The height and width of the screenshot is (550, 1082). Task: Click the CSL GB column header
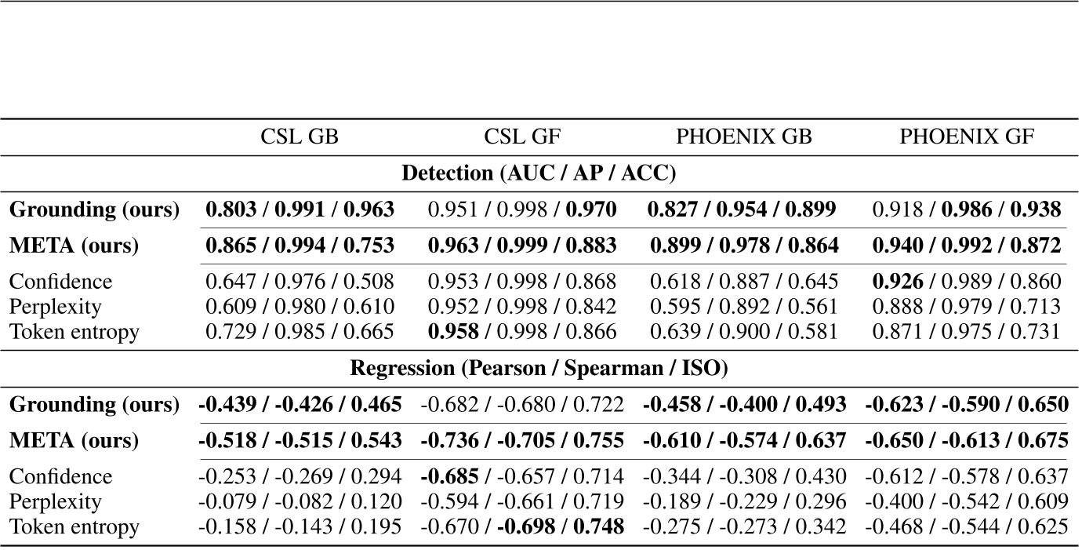click(x=300, y=137)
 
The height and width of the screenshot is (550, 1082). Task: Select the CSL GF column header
click(x=522, y=137)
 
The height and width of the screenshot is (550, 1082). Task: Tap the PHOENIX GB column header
click(x=744, y=137)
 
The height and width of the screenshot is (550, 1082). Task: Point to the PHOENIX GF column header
click(x=967, y=137)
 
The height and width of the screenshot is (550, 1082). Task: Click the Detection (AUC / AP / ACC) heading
click(x=539, y=173)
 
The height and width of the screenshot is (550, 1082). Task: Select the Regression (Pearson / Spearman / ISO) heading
click(x=539, y=368)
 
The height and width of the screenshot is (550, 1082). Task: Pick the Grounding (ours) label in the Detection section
click(x=94, y=209)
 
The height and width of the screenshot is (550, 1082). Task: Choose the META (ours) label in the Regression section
click(x=74, y=441)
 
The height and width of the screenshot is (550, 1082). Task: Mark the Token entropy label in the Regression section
click(x=74, y=527)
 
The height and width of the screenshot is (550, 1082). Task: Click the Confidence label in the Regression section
click(x=60, y=477)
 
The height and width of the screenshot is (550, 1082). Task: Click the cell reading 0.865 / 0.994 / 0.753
click(x=300, y=246)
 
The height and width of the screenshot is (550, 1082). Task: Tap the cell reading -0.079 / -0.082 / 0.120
click(x=300, y=502)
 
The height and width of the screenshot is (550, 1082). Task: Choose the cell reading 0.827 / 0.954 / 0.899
click(x=744, y=209)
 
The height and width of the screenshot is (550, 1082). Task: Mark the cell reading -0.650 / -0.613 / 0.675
click(x=967, y=441)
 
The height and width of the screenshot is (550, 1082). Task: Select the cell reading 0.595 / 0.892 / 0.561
click(x=744, y=307)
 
